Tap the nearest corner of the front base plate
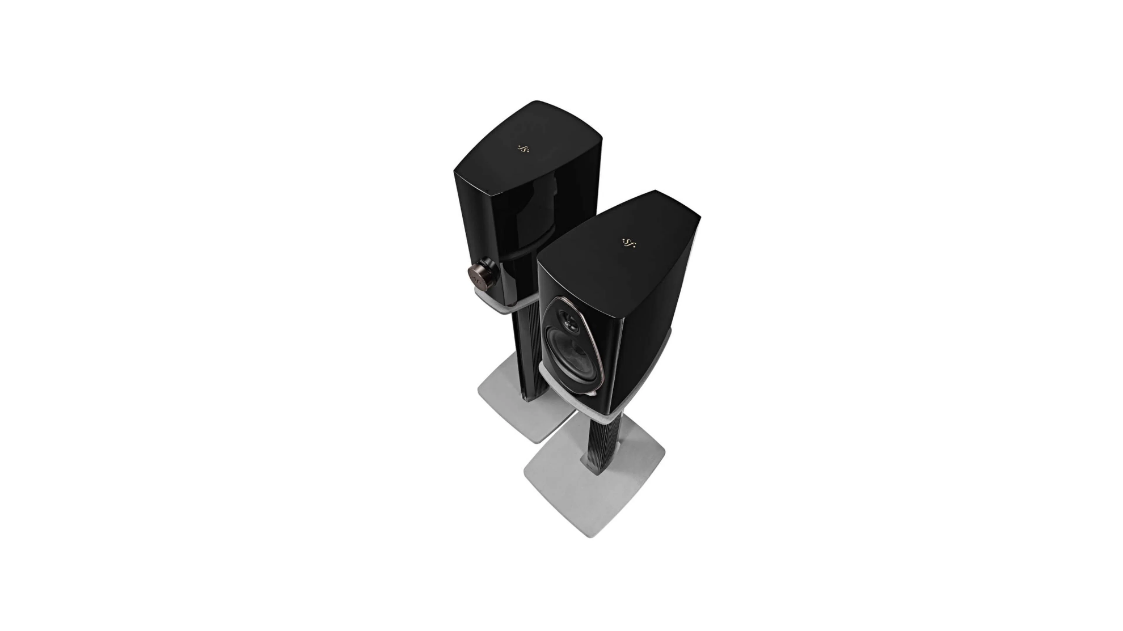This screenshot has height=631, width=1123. click(x=590, y=535)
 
